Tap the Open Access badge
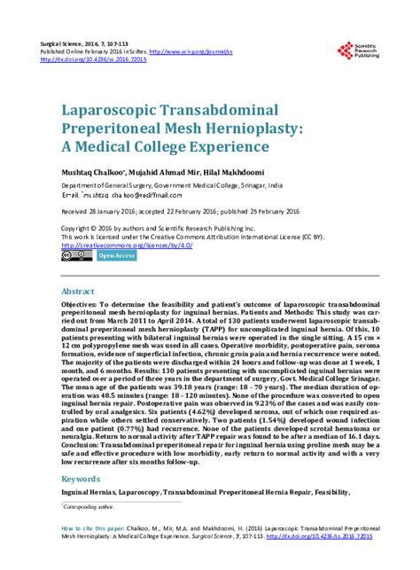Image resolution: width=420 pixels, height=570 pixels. pos(116,256)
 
